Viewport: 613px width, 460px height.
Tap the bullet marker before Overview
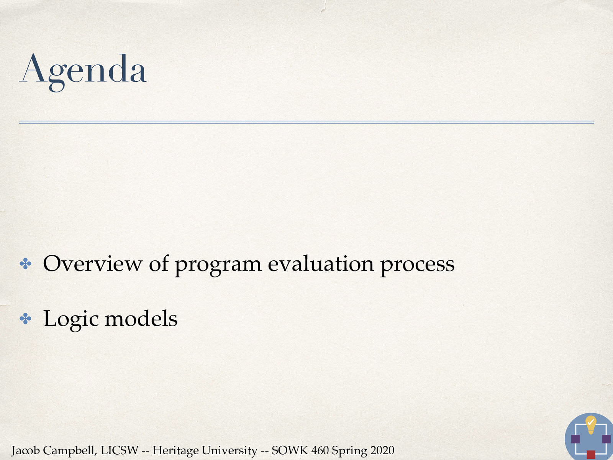(x=25, y=264)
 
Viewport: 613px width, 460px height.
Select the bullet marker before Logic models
(x=25, y=319)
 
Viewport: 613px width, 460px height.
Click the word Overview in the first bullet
(x=92, y=264)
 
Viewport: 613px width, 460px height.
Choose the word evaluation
(x=321, y=264)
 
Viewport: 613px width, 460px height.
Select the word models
(x=141, y=319)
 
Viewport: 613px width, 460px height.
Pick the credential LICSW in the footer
(x=119, y=450)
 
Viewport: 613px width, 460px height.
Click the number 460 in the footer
(x=320, y=450)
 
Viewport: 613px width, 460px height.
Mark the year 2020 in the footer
(x=382, y=450)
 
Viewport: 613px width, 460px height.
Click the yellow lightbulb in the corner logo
(x=591, y=424)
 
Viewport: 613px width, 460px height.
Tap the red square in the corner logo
(x=591, y=455)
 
